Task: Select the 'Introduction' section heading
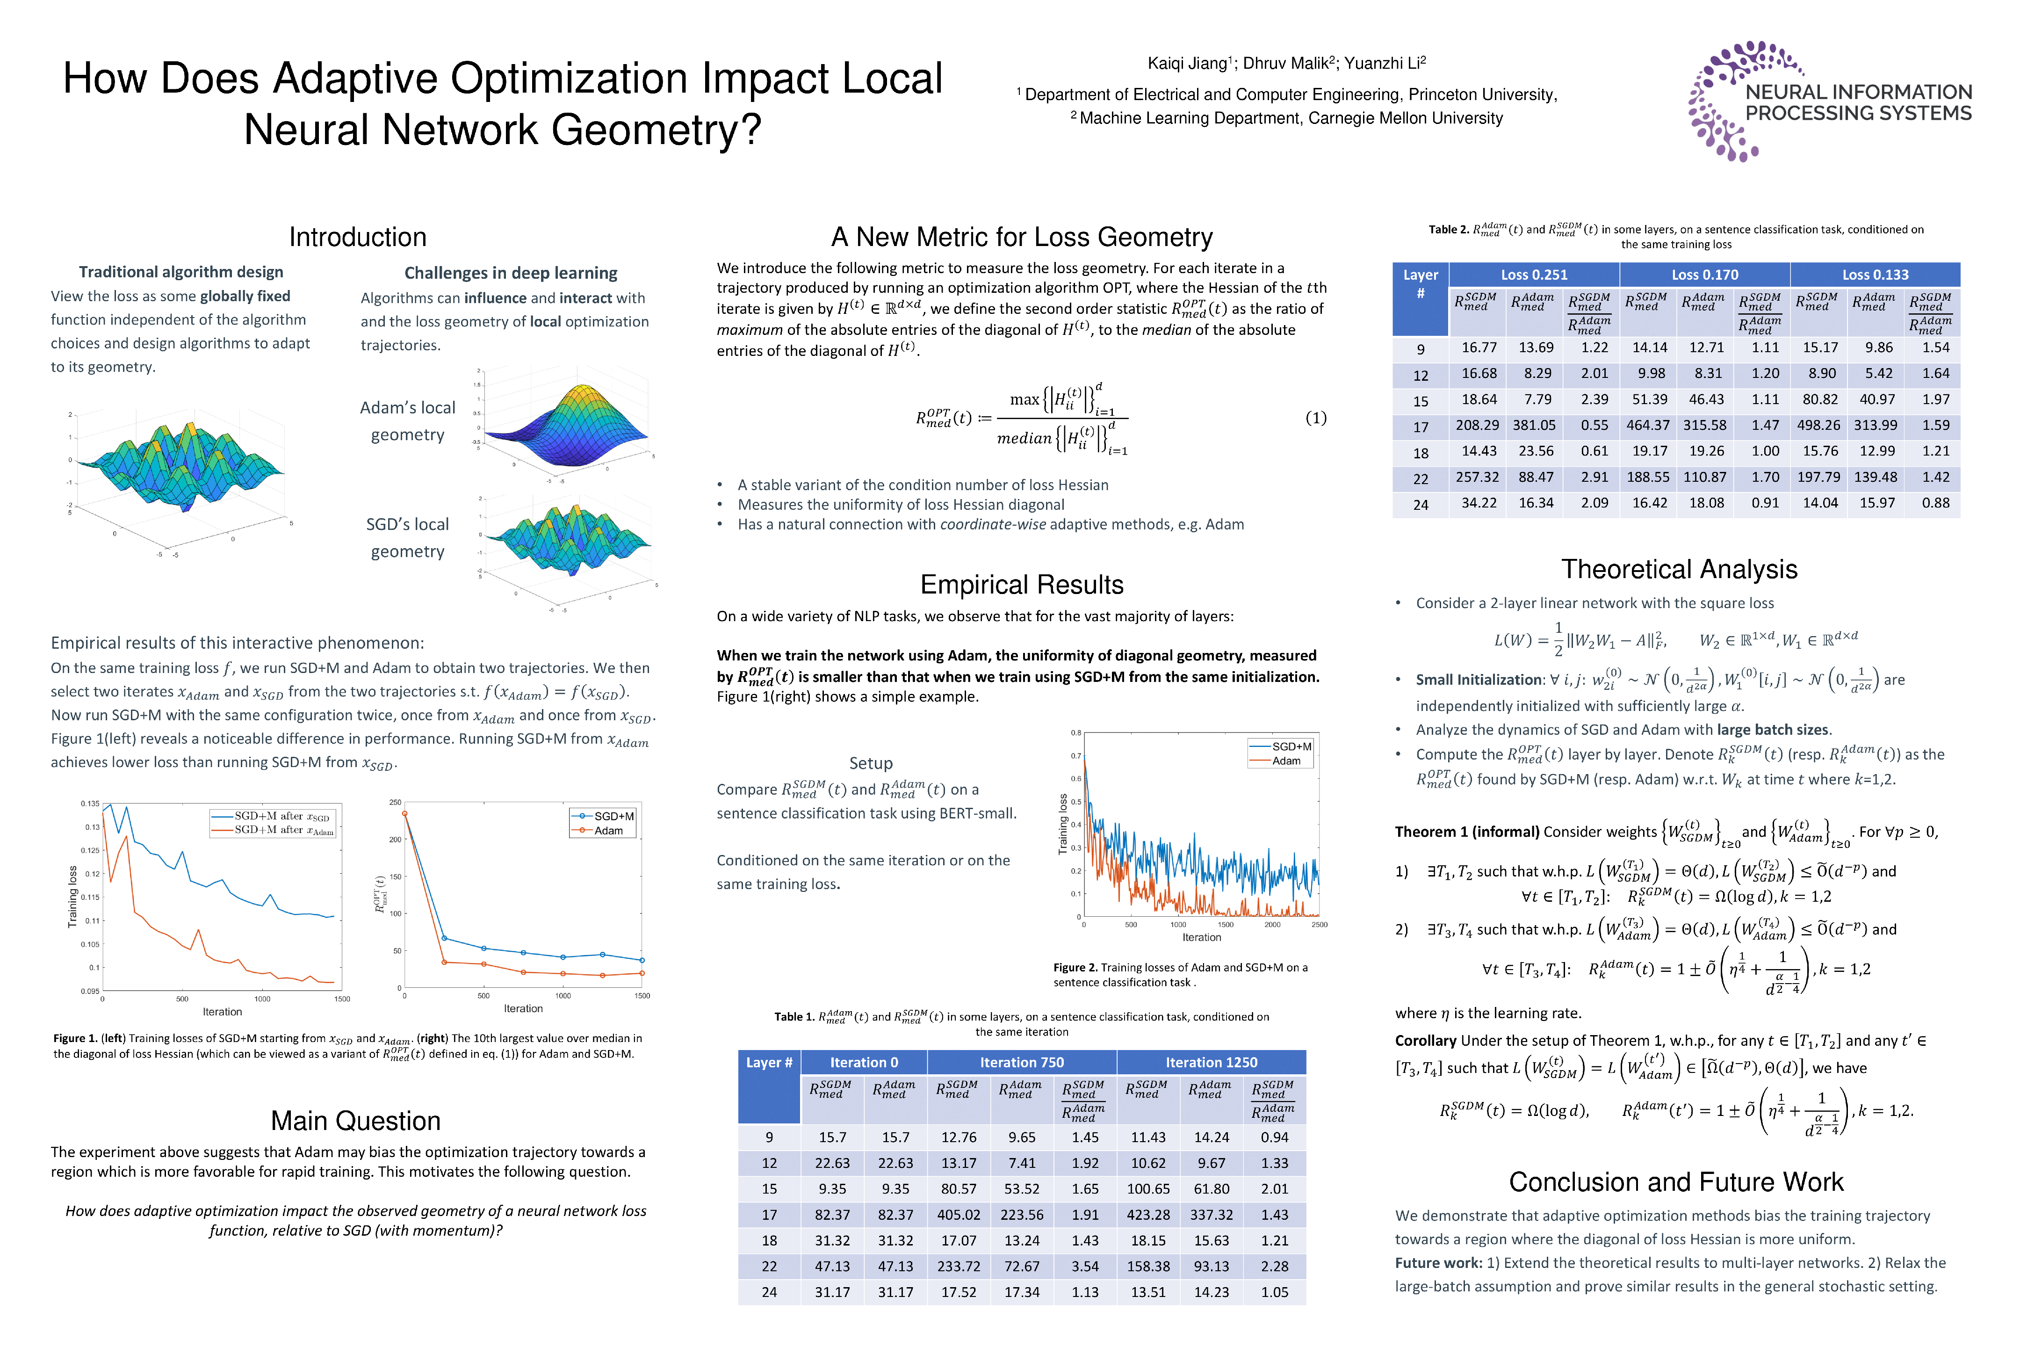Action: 357,237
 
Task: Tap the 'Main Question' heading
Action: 355,1121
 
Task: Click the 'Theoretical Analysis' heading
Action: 1679,570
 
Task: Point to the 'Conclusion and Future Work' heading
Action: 1675,1182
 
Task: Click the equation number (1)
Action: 1316,418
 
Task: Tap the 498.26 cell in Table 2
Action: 1820,425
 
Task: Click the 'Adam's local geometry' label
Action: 407,421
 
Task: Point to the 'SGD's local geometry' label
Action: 407,538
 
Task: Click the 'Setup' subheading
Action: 871,763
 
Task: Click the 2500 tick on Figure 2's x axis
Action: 1319,925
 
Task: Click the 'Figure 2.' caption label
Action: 1075,967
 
